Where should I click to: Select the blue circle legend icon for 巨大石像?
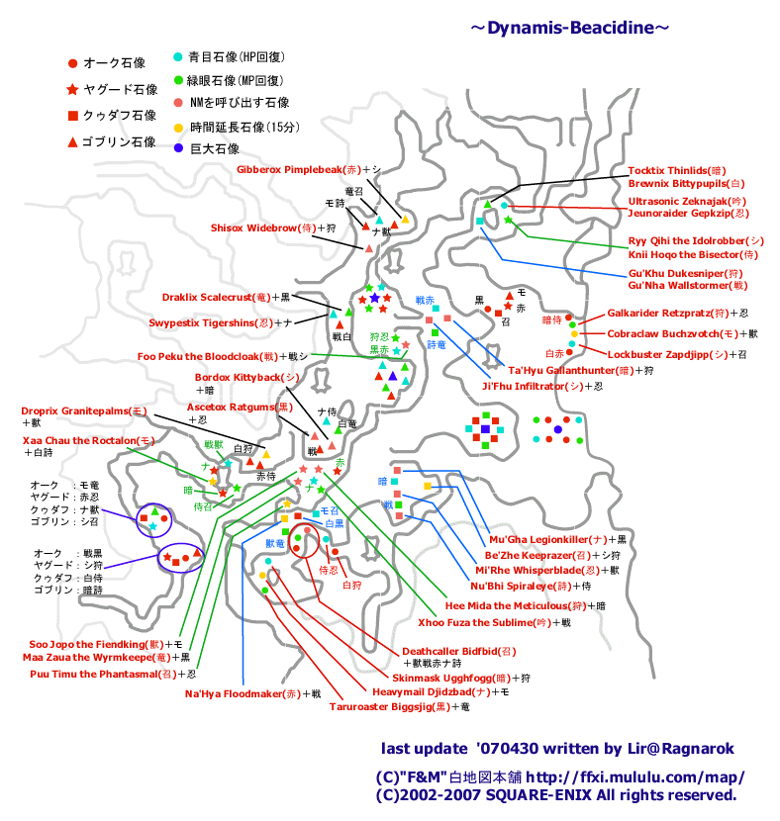pos(178,149)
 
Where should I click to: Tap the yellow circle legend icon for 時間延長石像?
pos(178,128)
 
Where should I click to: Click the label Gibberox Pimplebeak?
pos(297,169)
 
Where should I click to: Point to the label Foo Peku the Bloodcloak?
pos(198,356)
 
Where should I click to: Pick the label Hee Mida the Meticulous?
pos(506,605)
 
